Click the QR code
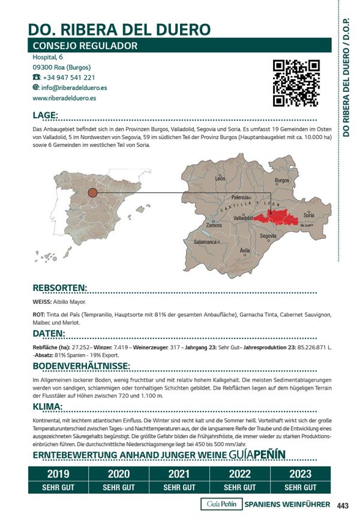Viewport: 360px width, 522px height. point(296,83)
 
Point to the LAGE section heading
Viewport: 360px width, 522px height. point(46,115)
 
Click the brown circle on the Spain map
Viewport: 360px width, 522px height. point(92,193)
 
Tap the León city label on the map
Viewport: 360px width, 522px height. point(220,179)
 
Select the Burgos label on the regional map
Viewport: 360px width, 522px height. point(282,181)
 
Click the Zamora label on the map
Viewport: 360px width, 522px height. point(214,225)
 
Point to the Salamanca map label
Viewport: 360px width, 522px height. point(205,242)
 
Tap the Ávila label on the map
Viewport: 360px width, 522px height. point(245,250)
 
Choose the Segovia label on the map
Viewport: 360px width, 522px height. point(268,236)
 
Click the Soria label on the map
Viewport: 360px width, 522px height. point(309,215)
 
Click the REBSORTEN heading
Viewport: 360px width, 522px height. point(60,288)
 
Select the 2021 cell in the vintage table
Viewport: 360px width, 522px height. point(179,474)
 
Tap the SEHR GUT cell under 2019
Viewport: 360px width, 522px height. point(58,487)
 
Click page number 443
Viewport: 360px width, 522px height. point(343,505)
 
